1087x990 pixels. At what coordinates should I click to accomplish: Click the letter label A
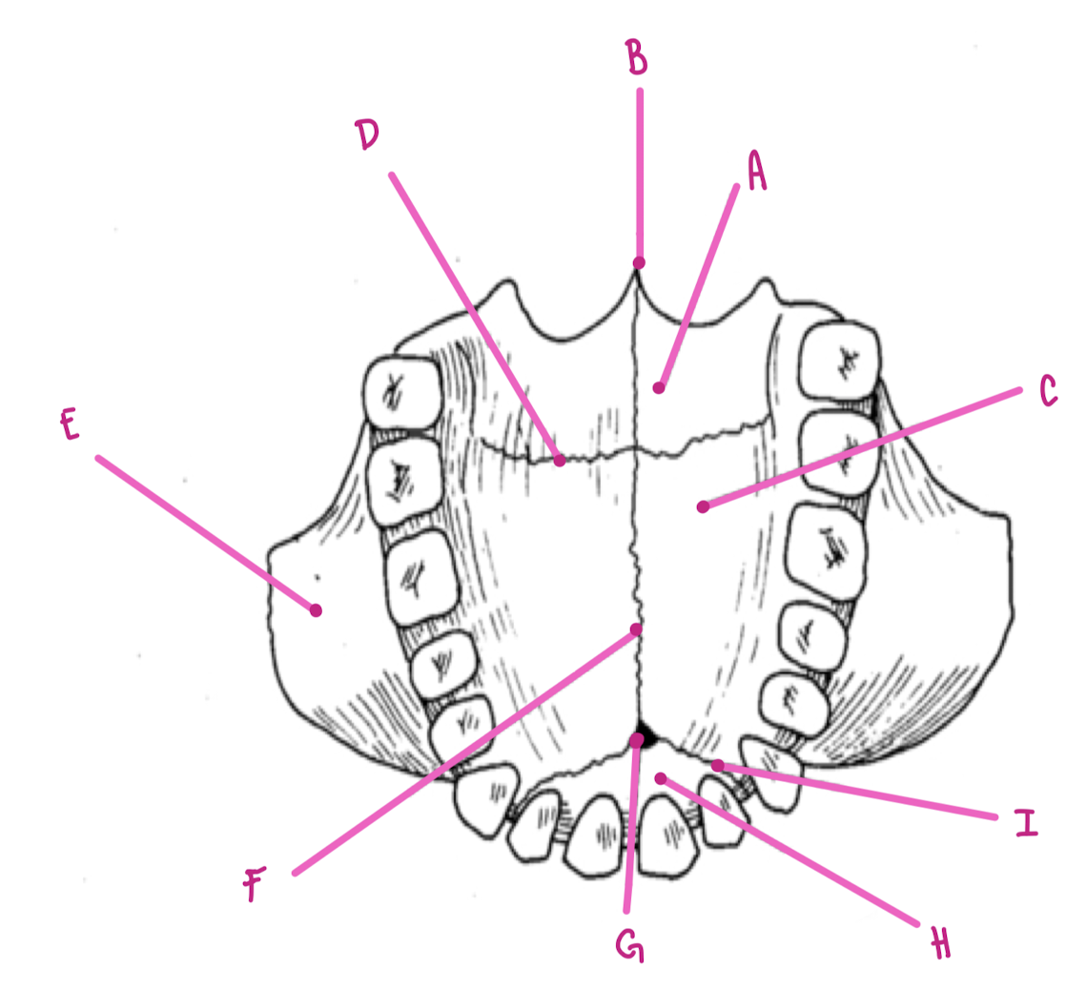(x=756, y=173)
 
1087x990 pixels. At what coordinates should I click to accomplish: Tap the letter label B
(x=637, y=58)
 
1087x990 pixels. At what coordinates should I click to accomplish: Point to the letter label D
(x=367, y=136)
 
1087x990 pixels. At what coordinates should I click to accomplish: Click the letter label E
(x=69, y=426)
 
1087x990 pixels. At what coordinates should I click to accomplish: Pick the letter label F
(x=252, y=888)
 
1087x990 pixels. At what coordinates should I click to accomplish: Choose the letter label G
(x=629, y=946)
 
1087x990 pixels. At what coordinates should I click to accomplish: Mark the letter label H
(x=940, y=944)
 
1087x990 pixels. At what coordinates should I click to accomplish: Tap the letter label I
(x=1025, y=822)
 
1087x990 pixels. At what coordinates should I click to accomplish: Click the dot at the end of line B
(x=639, y=262)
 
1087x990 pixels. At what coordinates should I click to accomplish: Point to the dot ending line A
(x=658, y=388)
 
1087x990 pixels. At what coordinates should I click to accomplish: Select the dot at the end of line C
(x=703, y=506)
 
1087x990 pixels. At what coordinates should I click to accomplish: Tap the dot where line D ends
(x=561, y=460)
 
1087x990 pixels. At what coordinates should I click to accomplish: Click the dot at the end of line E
(x=315, y=610)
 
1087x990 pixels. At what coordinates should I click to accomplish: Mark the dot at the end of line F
(x=636, y=629)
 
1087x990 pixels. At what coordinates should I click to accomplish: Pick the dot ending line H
(x=660, y=779)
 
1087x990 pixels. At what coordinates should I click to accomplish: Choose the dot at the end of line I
(x=717, y=765)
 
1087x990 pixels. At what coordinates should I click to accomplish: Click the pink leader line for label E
(x=205, y=533)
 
